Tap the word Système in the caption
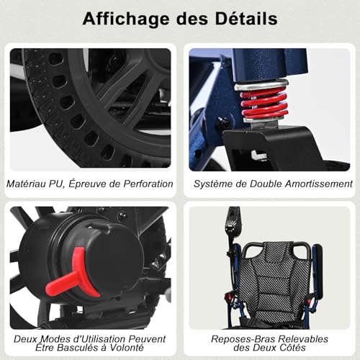point(213,184)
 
